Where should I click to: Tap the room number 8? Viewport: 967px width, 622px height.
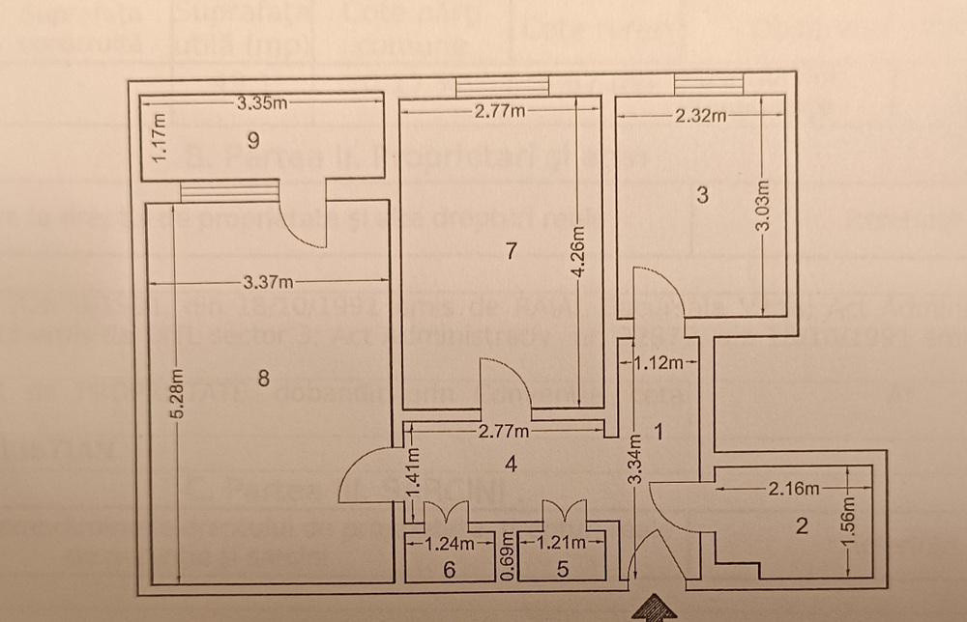tap(263, 381)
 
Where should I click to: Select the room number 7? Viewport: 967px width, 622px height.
tap(511, 251)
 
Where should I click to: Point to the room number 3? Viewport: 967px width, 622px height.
tap(702, 195)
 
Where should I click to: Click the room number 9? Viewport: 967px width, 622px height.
tap(252, 141)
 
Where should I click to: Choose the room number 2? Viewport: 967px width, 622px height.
tap(801, 526)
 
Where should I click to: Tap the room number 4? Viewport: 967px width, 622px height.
tap(512, 464)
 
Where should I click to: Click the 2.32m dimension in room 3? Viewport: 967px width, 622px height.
tap(701, 116)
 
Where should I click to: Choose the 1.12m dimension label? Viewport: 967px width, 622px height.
tap(659, 364)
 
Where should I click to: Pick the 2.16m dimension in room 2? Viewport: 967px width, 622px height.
tap(793, 489)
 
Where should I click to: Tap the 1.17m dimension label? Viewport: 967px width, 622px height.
tap(160, 137)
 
